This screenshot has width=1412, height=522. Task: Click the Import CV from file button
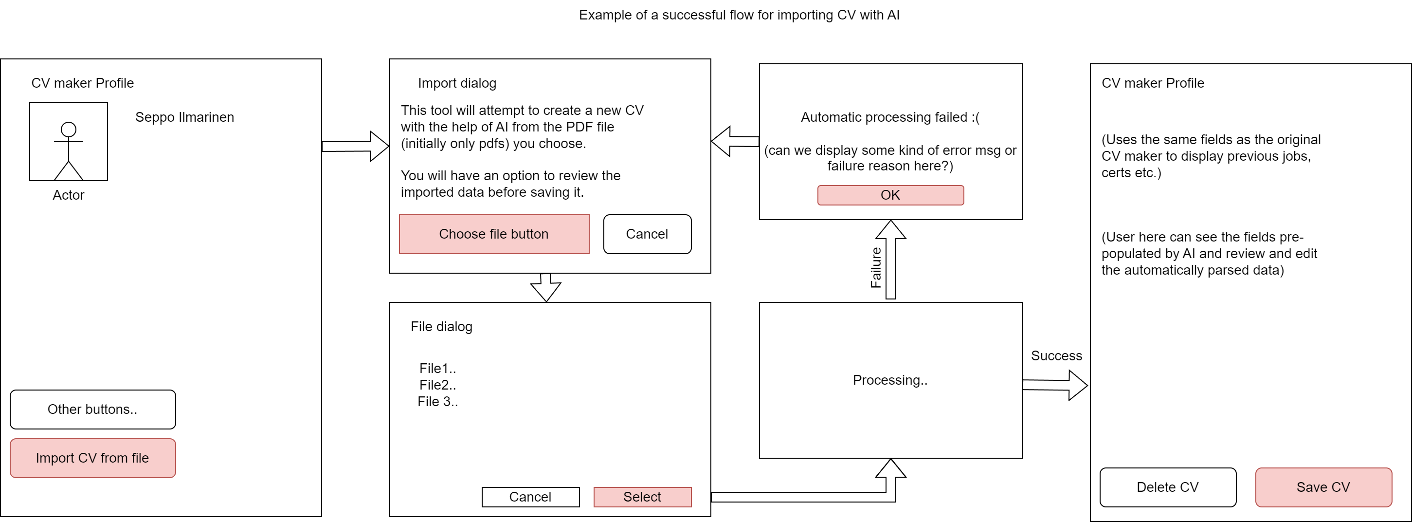pos(92,458)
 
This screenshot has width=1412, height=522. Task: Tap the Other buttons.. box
pos(92,409)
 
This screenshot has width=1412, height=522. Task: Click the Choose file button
pos(494,234)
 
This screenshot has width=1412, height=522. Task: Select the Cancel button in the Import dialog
pos(647,234)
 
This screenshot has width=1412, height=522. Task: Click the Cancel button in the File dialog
pos(530,497)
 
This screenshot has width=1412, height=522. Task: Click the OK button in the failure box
pos(890,195)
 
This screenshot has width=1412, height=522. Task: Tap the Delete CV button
pos(1168,487)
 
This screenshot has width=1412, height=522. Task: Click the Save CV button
pos(1323,487)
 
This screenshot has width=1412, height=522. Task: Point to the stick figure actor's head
pos(69,130)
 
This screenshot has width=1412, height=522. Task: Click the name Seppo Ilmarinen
pos(184,117)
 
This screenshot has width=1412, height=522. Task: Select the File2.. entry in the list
pos(437,385)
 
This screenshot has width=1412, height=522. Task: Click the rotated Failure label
pos(876,268)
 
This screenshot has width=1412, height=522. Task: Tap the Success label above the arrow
pos(1056,356)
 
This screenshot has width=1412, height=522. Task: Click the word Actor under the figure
pos(69,195)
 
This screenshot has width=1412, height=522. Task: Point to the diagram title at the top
pos(739,15)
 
